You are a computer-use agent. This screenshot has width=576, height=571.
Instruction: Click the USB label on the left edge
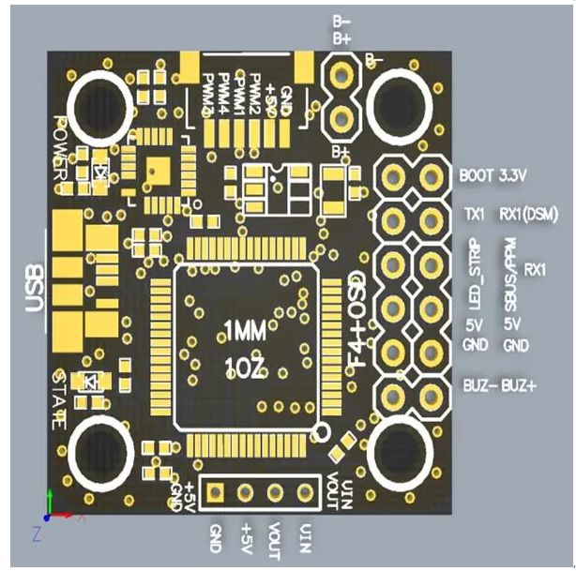click(x=30, y=292)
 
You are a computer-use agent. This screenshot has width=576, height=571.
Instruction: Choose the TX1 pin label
click(x=475, y=215)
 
